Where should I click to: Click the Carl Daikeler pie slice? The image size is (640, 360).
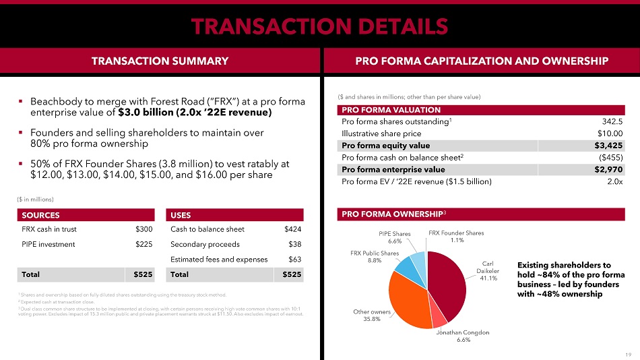tap(448, 283)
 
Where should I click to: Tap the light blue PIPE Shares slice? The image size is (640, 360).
tap(417, 260)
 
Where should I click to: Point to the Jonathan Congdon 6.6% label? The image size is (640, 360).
tap(463, 336)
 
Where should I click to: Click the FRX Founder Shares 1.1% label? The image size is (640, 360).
tap(456, 237)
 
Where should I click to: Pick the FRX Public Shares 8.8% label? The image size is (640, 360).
tap(374, 256)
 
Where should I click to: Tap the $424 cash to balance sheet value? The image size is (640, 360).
tap(293, 229)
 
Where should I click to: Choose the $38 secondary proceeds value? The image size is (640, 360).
tap(295, 244)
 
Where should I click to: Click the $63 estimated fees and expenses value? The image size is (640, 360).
tap(295, 259)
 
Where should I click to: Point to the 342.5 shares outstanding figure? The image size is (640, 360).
tap(612, 121)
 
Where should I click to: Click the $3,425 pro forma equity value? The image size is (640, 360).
tap(609, 146)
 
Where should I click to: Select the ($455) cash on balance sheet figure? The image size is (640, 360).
tap(610, 158)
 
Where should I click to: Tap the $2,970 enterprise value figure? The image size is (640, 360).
tap(609, 170)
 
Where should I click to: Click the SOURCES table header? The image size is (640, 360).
tap(41, 215)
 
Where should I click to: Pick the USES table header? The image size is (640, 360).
tap(181, 215)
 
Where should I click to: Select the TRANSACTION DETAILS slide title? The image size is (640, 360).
tap(319, 26)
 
